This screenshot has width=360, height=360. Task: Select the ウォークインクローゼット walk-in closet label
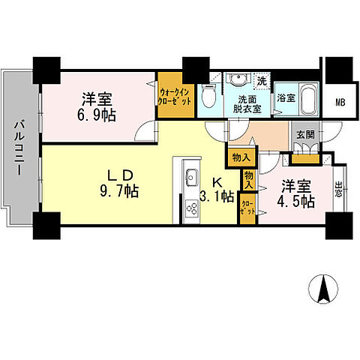pos(169,94)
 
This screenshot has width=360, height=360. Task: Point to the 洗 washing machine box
pos(262,80)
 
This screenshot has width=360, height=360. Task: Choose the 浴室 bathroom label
pos(285,98)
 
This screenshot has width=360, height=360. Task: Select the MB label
pos(340,103)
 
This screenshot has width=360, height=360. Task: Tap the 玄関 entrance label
pos(304,136)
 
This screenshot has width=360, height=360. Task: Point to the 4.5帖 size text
pos(298,202)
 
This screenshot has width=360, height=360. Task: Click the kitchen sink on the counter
pos(190,178)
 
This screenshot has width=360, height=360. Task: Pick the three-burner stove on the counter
pos(189,206)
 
